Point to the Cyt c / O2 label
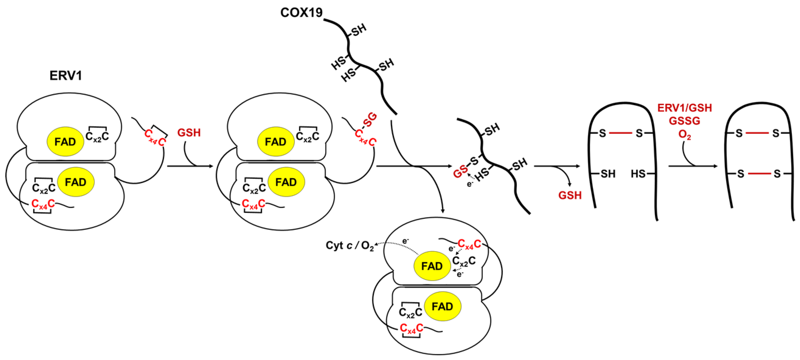click(x=349, y=246)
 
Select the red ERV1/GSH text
click(x=685, y=108)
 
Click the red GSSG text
click(x=685, y=121)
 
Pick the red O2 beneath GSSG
click(x=685, y=134)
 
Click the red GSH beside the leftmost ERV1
click(x=189, y=133)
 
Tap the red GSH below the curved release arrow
click(x=570, y=195)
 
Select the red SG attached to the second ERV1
click(x=370, y=120)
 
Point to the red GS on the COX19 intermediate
click(x=460, y=172)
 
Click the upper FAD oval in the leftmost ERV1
click(x=65, y=142)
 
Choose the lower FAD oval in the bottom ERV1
click(x=443, y=307)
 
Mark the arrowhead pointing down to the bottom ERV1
click(x=443, y=211)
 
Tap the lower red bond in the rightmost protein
click(x=759, y=174)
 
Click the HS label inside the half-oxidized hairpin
click(x=638, y=174)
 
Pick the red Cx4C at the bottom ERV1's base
click(x=411, y=328)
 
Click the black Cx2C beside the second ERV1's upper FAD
click(x=307, y=136)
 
